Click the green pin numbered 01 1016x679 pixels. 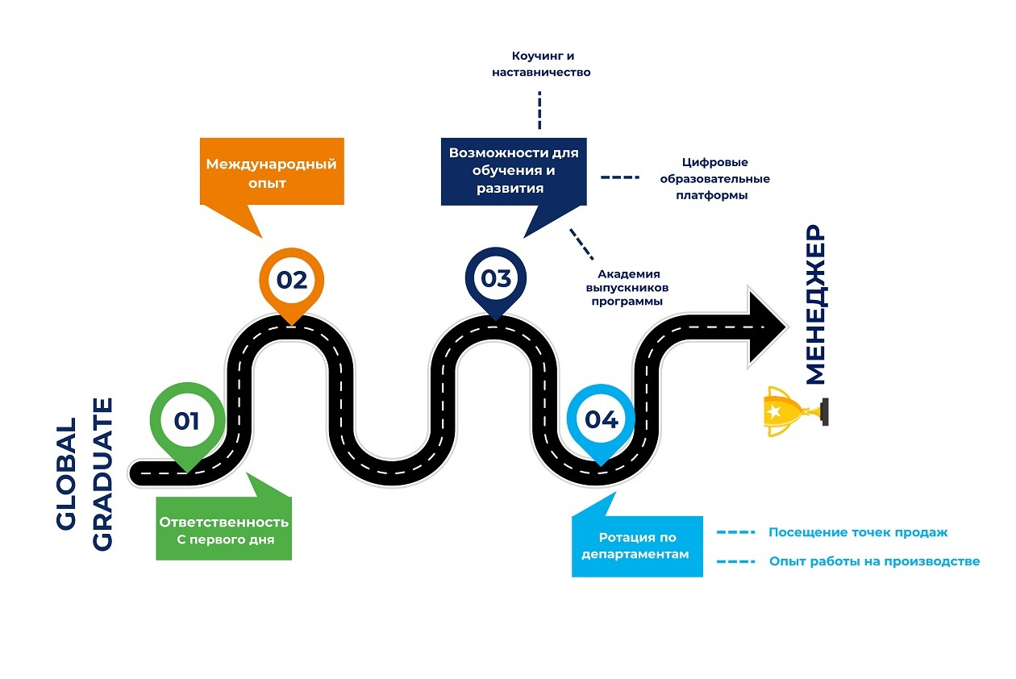point(186,421)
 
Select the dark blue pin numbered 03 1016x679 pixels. point(496,279)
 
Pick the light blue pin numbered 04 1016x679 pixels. point(601,419)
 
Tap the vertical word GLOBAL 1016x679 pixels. point(67,473)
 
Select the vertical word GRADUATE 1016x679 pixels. point(103,475)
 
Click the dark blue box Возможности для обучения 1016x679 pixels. point(514,170)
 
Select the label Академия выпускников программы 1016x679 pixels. point(627,287)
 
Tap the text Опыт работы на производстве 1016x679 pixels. point(874,561)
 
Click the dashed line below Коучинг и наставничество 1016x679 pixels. point(539,110)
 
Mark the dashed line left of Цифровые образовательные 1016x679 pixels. point(619,177)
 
